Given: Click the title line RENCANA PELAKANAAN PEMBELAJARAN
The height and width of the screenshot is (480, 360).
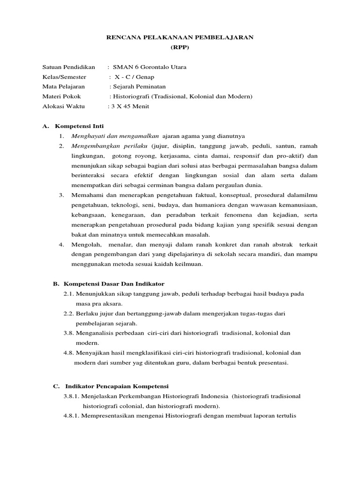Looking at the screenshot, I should (x=180, y=37).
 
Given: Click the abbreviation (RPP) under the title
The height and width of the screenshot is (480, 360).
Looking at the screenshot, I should (x=180, y=47).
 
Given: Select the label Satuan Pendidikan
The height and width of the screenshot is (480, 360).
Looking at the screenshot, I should (x=69, y=67).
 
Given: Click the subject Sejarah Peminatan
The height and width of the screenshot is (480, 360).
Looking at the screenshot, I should (x=139, y=87).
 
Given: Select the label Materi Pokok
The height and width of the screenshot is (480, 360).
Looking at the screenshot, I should (x=61, y=97).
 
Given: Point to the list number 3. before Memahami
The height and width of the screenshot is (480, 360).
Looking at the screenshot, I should (x=61, y=195).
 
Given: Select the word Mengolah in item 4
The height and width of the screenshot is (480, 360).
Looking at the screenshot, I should (x=85, y=244).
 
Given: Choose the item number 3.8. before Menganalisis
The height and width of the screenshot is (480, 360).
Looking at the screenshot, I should (x=69, y=333).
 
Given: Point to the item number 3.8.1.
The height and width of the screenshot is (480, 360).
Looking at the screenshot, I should (x=72, y=396).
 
